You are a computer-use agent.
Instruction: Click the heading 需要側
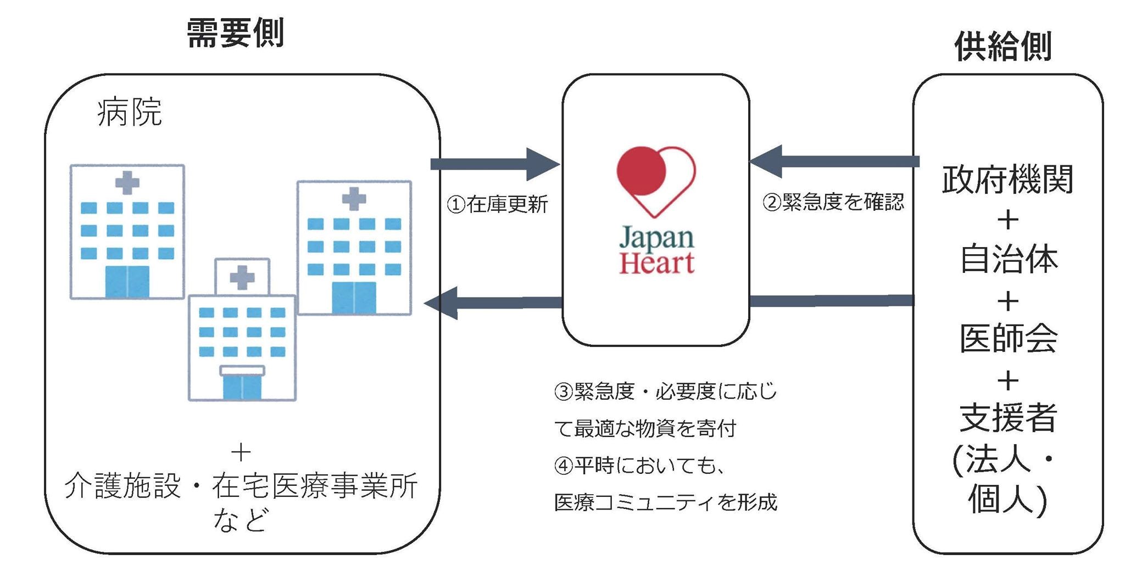[235, 33]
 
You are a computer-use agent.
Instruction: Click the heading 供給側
[1003, 46]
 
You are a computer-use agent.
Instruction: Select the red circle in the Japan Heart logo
[641, 170]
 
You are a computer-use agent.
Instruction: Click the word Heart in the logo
[656, 262]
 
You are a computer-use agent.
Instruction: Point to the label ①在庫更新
[497, 204]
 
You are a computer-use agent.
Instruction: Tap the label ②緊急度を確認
[833, 202]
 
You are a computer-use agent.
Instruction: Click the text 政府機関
[1007, 179]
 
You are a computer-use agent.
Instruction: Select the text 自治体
[1009, 259]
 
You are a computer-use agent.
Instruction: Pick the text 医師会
[1009, 338]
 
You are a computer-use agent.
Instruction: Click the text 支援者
[1009, 417]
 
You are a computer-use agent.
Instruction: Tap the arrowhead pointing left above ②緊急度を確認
[766, 161]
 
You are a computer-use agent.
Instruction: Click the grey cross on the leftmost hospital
[127, 183]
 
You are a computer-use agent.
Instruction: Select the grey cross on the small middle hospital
[242, 277]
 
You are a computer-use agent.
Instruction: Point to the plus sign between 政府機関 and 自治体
[1007, 220]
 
